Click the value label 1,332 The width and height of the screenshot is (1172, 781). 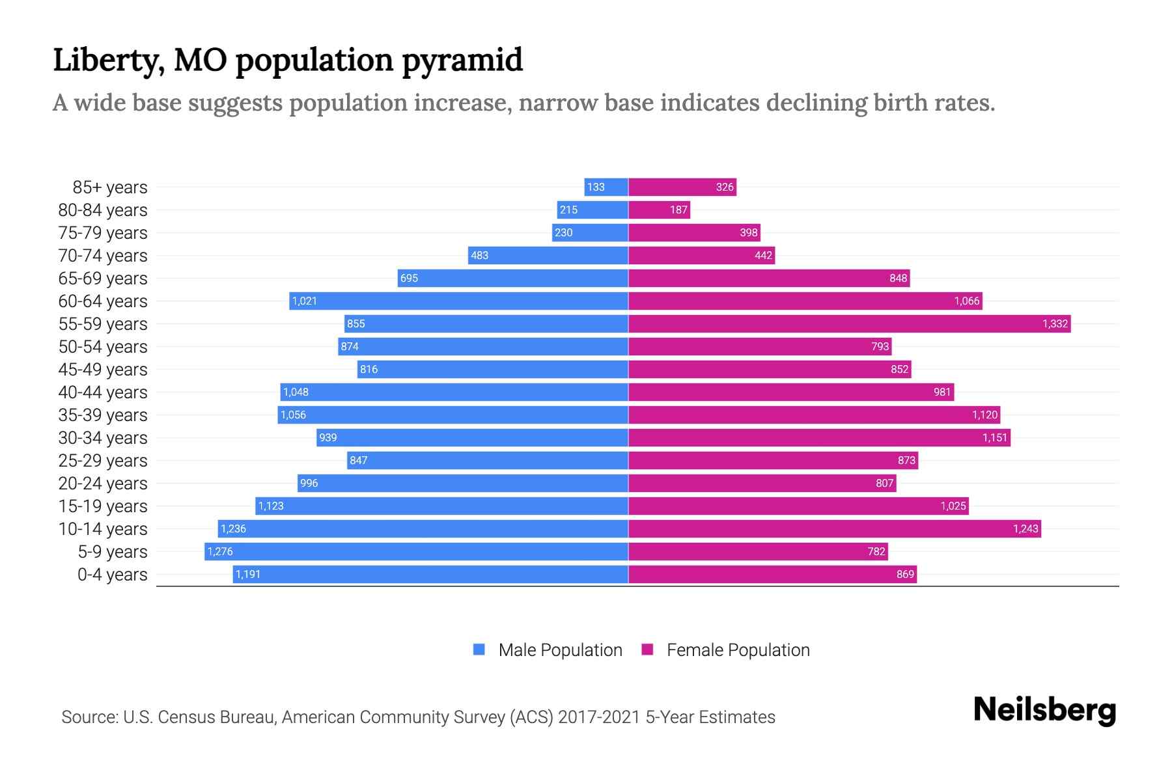point(1055,323)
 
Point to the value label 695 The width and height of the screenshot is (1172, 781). point(409,278)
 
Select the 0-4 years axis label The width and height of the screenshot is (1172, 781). point(112,575)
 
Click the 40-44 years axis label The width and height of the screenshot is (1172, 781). point(103,392)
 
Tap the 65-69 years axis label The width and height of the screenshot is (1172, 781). point(103,279)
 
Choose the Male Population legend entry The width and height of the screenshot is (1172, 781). point(560,650)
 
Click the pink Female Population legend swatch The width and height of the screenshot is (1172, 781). point(647,650)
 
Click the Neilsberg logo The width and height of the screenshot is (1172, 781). point(1044,711)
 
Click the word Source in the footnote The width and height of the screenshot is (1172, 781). point(89,717)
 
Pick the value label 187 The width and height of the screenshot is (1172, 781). point(678,210)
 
